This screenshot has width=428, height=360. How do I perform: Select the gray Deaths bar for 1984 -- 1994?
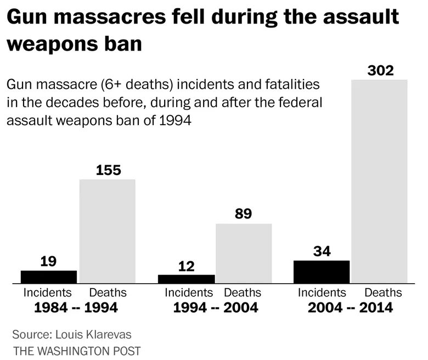[108, 231]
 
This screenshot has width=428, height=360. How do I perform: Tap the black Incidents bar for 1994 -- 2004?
[187, 279]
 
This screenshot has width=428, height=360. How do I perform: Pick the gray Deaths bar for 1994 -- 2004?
[244, 253]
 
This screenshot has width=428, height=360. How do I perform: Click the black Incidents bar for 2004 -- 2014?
[322, 272]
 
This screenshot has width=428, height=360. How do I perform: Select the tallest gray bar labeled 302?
[380, 181]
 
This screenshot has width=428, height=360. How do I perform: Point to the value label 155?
[108, 170]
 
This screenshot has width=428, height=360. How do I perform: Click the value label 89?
[244, 214]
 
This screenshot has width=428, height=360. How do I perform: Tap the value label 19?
[48, 261]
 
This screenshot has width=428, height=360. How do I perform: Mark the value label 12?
[187, 266]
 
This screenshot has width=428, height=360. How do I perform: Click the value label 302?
[380, 70]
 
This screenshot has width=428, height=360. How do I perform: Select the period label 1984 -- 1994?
[76, 307]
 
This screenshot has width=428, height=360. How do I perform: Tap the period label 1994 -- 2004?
[216, 307]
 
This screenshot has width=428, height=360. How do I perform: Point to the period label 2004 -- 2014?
[350, 307]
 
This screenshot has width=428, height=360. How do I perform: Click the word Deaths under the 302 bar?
[383, 292]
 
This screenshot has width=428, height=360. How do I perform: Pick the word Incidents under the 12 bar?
[188, 292]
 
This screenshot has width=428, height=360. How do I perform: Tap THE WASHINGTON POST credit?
[77, 350]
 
